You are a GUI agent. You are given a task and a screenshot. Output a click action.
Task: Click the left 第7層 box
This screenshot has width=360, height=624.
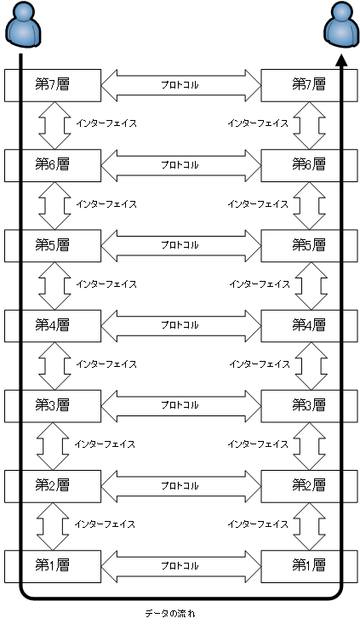53,85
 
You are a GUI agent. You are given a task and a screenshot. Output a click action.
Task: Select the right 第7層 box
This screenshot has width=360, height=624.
309,85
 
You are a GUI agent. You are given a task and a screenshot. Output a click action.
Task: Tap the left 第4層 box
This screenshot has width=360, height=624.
53,325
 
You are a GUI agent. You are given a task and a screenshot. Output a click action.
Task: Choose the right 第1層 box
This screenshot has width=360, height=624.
309,566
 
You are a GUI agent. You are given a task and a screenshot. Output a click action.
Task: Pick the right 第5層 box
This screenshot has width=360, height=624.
309,245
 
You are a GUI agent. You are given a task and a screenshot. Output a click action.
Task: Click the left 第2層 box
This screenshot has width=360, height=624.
53,486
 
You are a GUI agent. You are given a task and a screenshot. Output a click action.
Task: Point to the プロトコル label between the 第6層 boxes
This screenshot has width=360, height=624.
180,165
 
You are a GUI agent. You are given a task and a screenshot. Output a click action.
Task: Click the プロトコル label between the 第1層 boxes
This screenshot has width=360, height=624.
180,566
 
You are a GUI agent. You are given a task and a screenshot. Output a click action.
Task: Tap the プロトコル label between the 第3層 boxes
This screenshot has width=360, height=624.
180,405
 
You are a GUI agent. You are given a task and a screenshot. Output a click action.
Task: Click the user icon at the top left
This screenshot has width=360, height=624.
24,24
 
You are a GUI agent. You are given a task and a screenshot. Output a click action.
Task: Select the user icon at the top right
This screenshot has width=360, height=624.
341,24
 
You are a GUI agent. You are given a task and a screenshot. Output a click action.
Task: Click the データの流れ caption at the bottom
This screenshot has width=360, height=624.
170,613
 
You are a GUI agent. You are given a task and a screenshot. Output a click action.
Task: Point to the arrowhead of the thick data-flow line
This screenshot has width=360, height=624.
341,60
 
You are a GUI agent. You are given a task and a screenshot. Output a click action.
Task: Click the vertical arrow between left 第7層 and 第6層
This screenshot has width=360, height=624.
54,125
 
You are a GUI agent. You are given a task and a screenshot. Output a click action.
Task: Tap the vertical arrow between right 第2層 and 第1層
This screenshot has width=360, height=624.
310,526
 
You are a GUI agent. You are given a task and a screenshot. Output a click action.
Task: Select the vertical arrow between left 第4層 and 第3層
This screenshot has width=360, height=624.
54,366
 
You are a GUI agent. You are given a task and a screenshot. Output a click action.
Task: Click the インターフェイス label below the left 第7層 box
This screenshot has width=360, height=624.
106,123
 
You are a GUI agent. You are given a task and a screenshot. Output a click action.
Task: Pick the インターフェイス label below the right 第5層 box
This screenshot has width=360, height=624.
260,284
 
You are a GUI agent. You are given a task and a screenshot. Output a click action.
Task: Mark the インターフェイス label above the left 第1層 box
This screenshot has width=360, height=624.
105,524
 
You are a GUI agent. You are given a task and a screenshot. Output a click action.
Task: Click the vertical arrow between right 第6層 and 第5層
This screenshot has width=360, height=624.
310,206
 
